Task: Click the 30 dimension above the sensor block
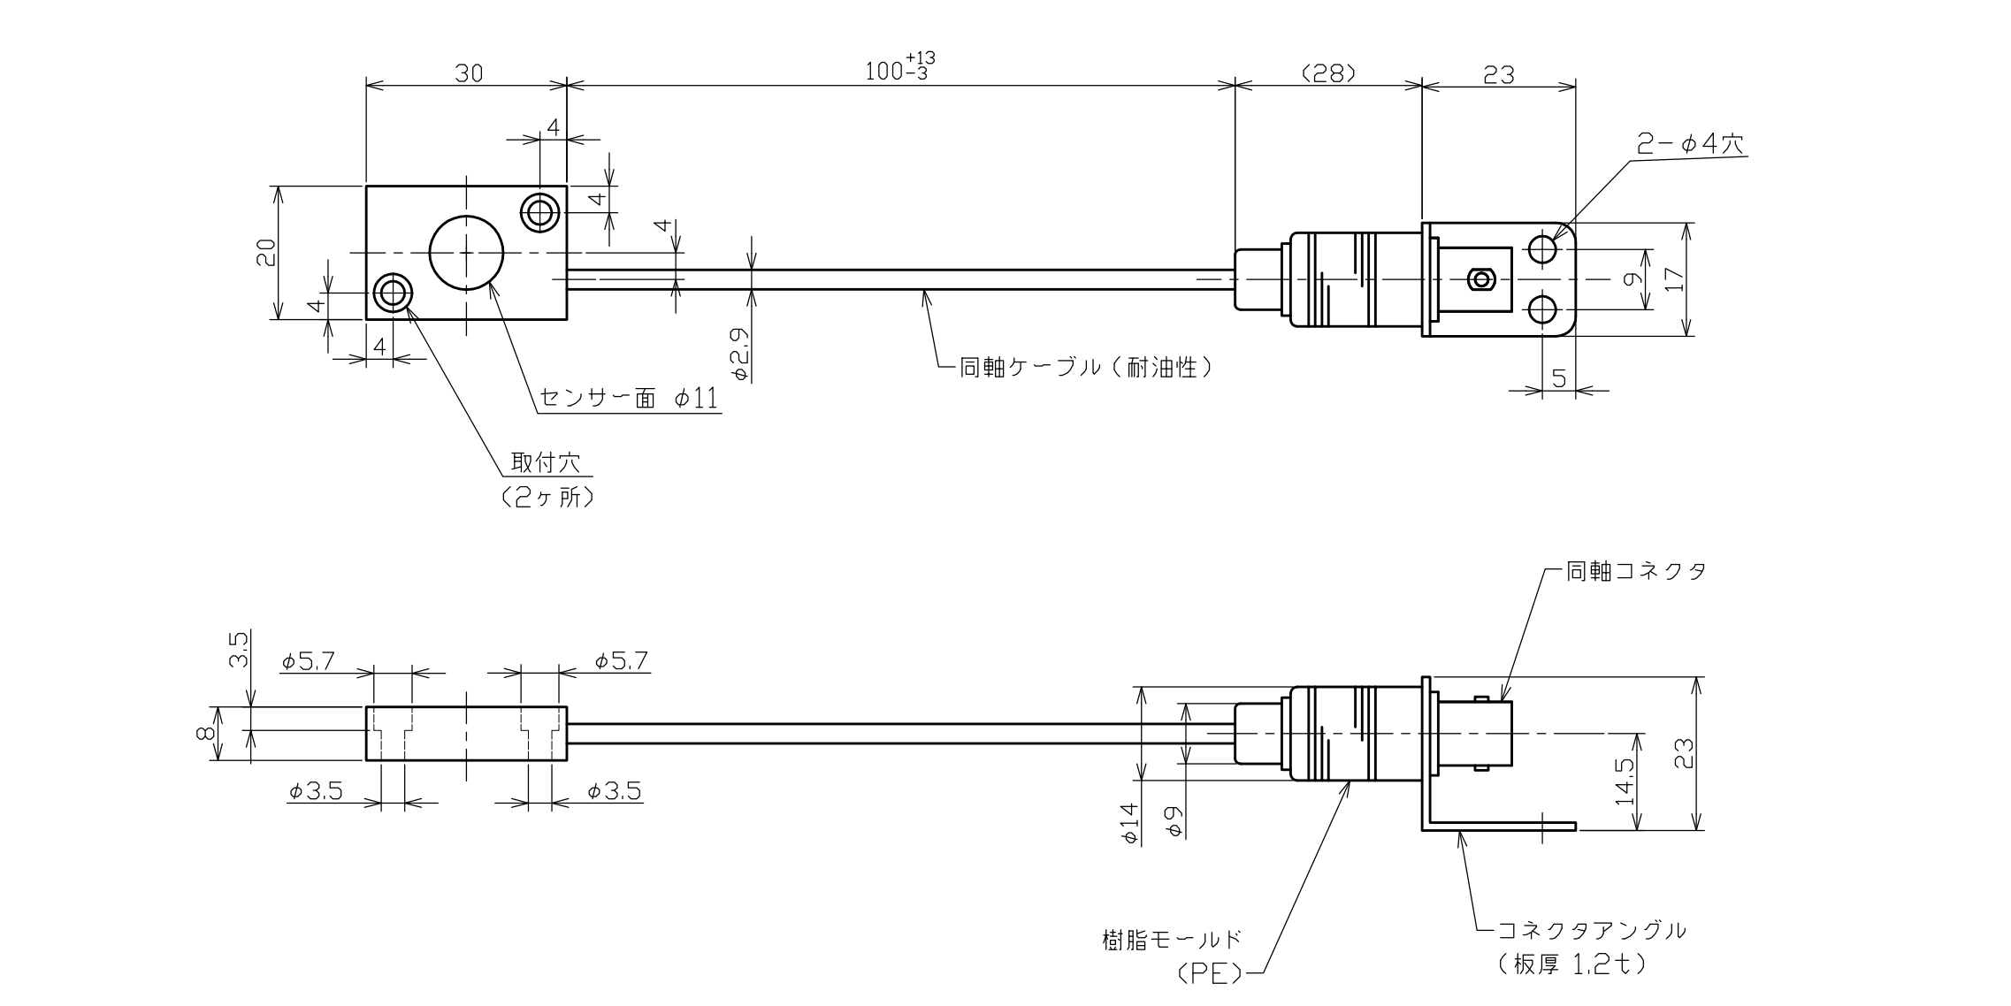point(469,73)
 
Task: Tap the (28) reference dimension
point(1328,73)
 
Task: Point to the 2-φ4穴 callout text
point(1690,144)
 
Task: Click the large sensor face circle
point(466,252)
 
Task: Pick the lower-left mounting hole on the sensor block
point(392,292)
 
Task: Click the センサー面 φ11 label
point(628,400)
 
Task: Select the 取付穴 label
point(545,462)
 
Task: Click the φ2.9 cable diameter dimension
point(741,354)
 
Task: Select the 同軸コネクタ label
point(1635,571)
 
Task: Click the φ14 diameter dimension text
point(1130,822)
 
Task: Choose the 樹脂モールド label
point(1172,939)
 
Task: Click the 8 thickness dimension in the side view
point(203,733)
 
